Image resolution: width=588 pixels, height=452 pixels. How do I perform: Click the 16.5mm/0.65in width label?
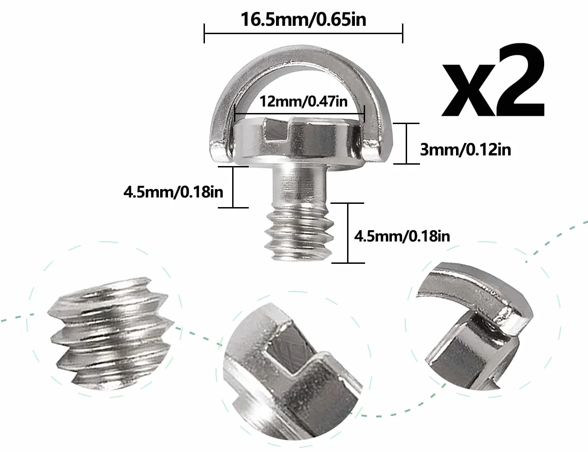(303, 19)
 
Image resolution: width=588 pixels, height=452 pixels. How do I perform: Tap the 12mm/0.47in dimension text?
(303, 101)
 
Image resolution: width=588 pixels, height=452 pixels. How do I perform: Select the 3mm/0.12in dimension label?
(465, 149)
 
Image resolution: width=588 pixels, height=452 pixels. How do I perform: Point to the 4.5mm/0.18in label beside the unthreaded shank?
(173, 192)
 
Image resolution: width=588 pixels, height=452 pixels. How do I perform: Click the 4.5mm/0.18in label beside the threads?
(402, 236)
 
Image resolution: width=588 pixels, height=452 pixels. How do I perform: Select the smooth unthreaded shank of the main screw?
(300, 186)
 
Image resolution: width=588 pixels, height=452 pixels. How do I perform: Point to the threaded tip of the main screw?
(299, 233)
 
